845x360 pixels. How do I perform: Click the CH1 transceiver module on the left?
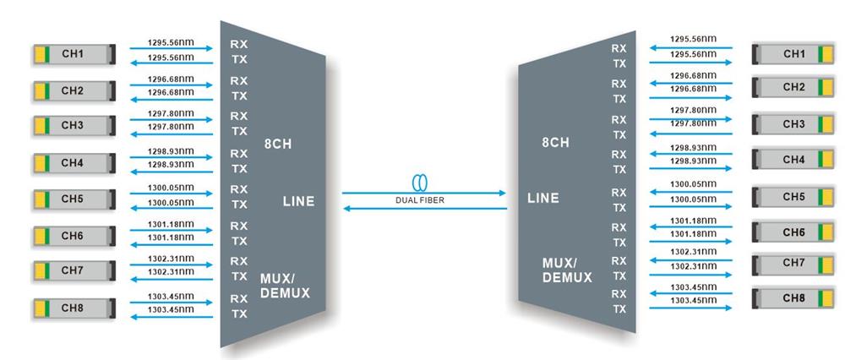(72, 55)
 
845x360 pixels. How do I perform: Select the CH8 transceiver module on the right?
(793, 298)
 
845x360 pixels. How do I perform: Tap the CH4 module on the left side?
(72, 161)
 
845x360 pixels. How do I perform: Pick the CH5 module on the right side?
(793, 197)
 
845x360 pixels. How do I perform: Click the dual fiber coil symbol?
(420, 183)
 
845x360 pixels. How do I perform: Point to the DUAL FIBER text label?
(420, 199)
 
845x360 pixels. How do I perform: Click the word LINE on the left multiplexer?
(297, 201)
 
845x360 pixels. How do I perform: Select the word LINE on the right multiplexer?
(543, 199)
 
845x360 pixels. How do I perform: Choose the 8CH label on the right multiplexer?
(554, 143)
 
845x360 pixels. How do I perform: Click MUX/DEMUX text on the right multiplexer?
(567, 270)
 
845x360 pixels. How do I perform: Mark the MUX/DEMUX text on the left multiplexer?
(285, 286)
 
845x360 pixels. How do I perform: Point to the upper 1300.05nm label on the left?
(171, 186)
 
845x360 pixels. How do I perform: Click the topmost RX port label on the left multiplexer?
(239, 43)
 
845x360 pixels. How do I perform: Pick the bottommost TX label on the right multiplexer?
(619, 309)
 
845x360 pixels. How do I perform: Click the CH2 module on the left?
(72, 90)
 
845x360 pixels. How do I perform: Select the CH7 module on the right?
(793, 263)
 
